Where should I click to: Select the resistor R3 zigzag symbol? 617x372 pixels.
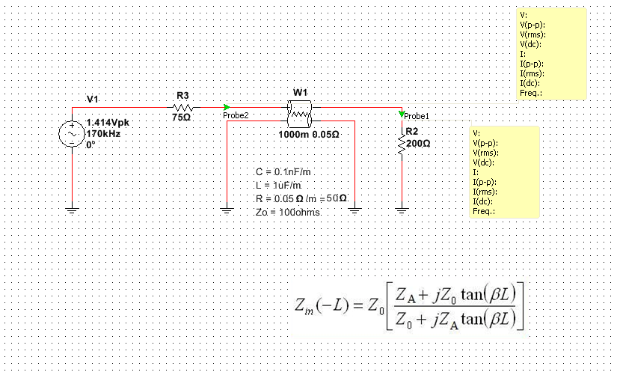pos(182,107)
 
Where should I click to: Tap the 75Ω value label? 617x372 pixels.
pos(182,118)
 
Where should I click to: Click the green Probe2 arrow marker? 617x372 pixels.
pos(227,107)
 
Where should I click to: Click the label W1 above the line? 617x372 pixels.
pos(300,92)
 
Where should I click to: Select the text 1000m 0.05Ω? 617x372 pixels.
pos(309,135)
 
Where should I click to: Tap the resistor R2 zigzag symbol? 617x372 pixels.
pos(402,147)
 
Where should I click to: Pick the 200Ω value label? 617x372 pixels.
pos(418,142)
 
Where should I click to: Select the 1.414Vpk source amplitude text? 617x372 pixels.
pos(108,122)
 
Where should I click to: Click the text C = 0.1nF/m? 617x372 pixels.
pos(277,172)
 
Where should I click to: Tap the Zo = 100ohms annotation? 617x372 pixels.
pos(287,212)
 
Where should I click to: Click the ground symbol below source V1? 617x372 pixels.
pos(73,210)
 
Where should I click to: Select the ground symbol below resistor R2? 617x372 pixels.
pos(402,210)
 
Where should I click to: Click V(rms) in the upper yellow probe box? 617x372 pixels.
pos(532,34)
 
